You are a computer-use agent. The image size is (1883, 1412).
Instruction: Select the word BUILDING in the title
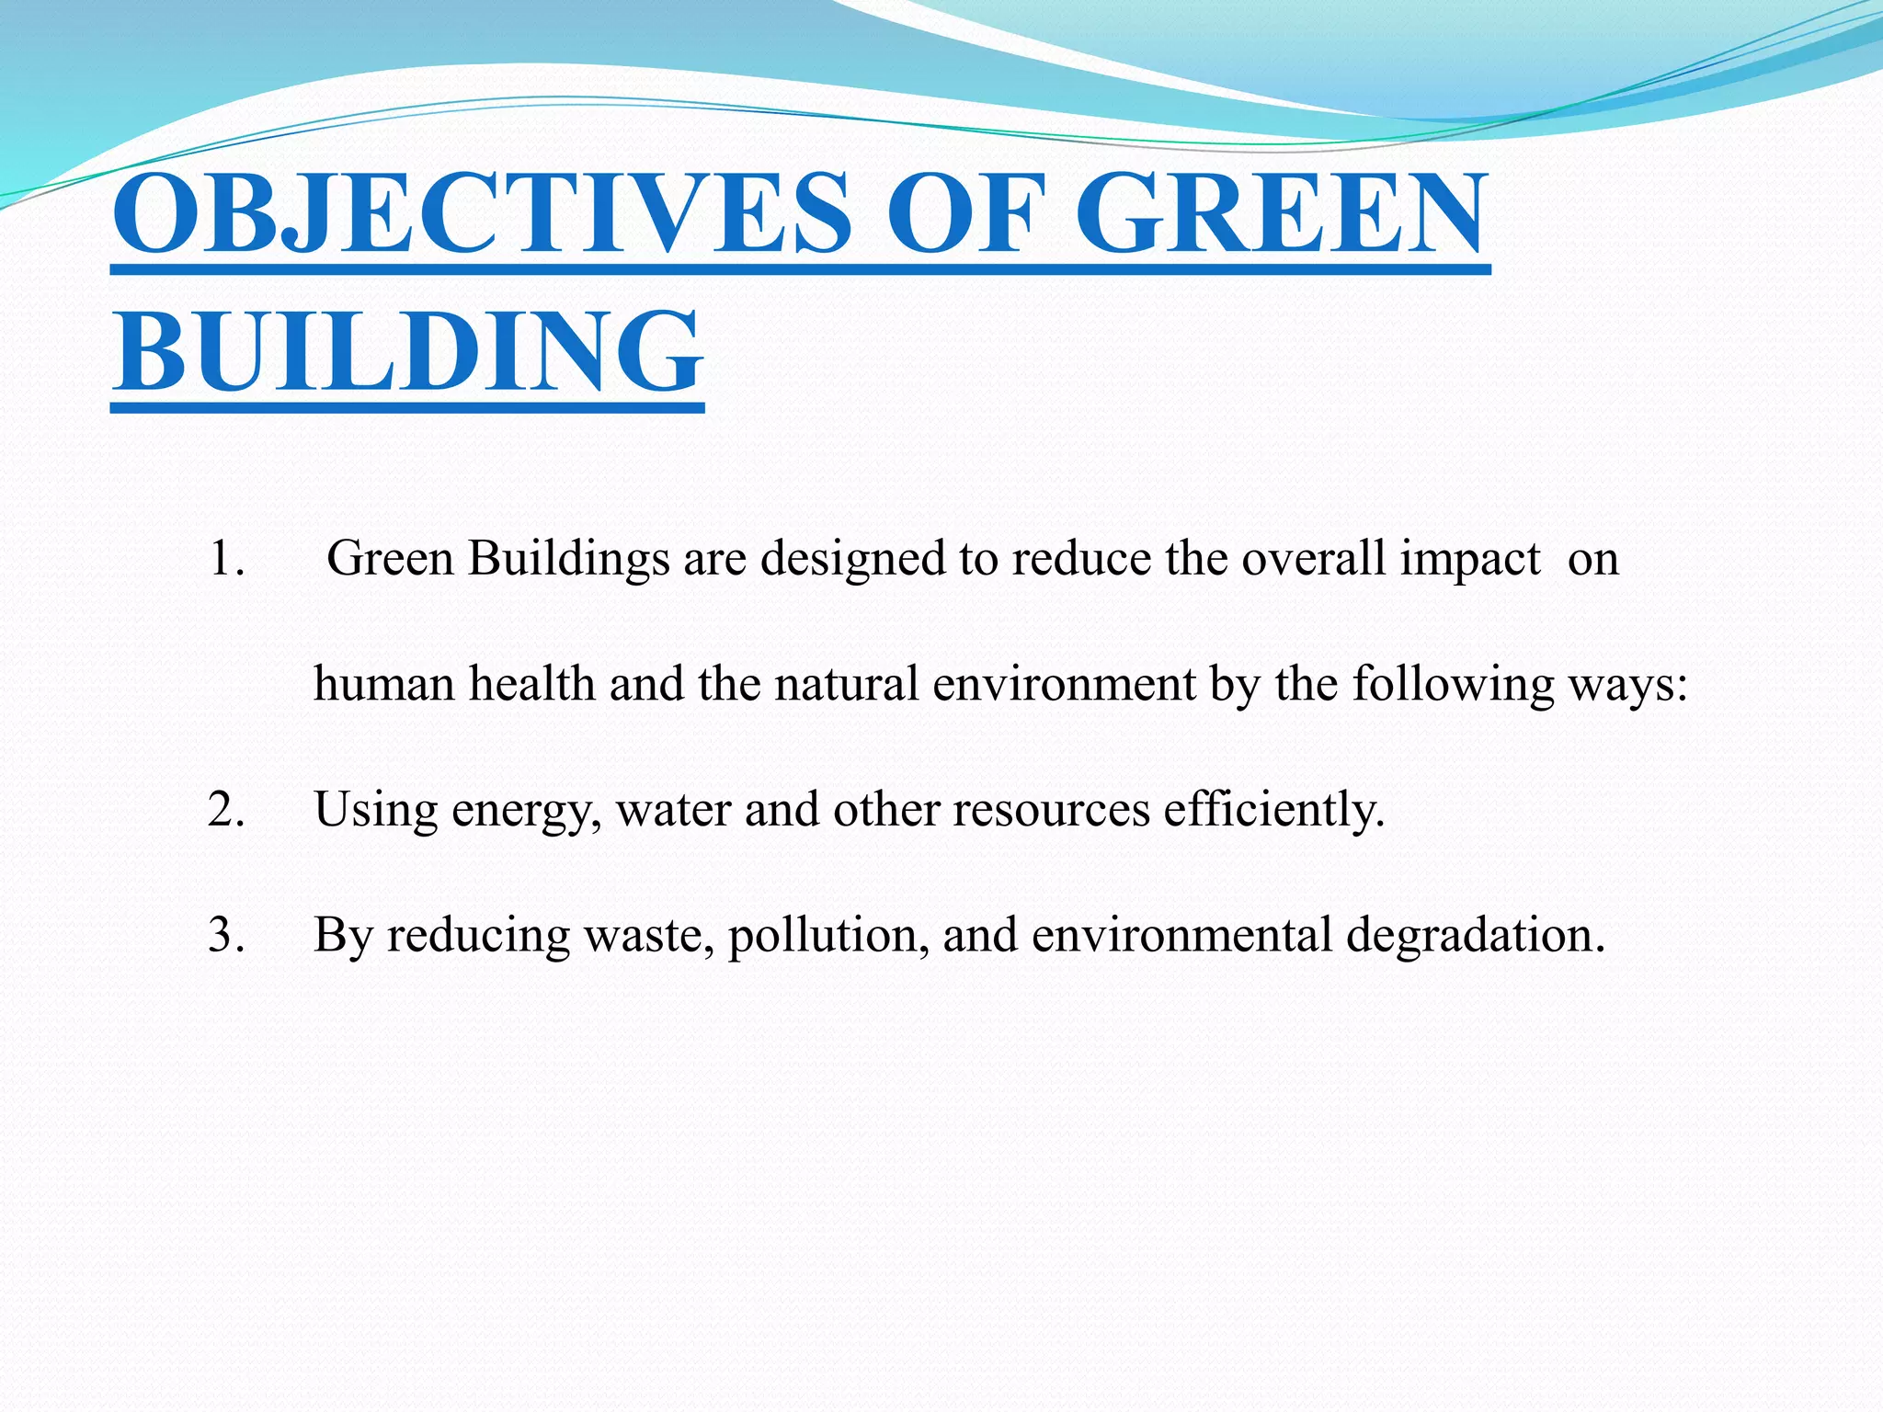pyautogui.click(x=407, y=351)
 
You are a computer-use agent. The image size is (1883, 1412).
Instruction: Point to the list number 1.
pyautogui.click(x=226, y=559)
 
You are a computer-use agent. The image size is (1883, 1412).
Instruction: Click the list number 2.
pyautogui.click(x=226, y=810)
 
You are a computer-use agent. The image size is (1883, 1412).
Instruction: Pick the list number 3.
pyautogui.click(x=226, y=935)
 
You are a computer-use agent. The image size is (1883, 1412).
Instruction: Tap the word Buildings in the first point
pyautogui.click(x=568, y=559)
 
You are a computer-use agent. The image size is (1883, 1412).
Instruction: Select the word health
pyautogui.click(x=531, y=684)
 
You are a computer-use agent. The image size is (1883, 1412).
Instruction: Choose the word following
pyautogui.click(x=1453, y=684)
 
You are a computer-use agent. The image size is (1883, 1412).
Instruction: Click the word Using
pyautogui.click(x=375, y=810)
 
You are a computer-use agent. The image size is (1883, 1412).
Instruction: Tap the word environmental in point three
pyautogui.click(x=1181, y=935)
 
